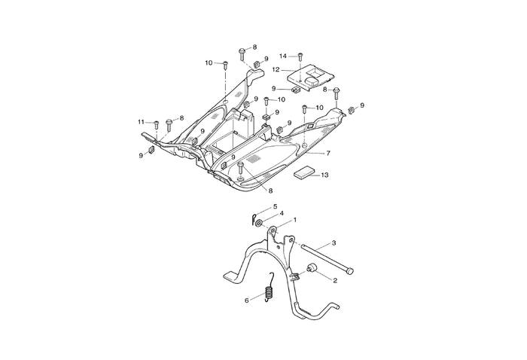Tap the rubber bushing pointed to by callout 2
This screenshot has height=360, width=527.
point(310,270)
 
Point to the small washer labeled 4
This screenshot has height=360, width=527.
point(259,222)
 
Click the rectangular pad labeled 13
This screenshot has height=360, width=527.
point(303,172)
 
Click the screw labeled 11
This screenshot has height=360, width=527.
point(156,124)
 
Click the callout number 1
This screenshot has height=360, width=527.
point(295,220)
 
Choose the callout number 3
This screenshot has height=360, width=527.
point(334,243)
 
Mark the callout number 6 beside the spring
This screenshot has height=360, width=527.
point(247,300)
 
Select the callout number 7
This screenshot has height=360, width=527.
point(328,152)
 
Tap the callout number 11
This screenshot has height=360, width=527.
point(141,121)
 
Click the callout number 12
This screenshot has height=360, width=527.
point(276,70)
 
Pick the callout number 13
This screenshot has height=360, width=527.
point(324,175)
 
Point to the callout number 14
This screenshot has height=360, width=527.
point(283,56)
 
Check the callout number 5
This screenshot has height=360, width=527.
point(275,206)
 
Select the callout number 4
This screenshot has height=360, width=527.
point(281,213)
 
